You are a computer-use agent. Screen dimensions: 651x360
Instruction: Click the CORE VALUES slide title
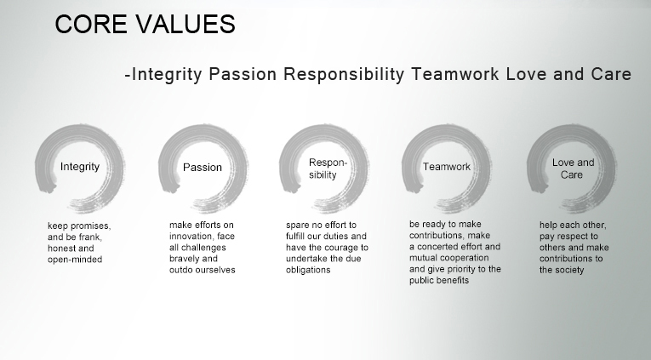[145, 24]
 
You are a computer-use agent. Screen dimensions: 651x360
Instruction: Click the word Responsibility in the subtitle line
[344, 75]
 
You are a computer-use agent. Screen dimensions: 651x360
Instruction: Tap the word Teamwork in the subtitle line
[455, 74]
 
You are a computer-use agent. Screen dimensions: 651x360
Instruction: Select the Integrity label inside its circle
[80, 167]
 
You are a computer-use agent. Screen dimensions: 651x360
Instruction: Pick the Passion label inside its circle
[203, 168]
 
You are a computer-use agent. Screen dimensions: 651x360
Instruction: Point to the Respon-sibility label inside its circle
[328, 169]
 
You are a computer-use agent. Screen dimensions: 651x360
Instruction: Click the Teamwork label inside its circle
[447, 167]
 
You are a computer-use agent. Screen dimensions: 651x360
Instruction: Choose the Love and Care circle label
[573, 169]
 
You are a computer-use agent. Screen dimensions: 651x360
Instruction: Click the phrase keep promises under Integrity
[79, 226]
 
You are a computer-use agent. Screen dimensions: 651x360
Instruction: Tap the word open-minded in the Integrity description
[75, 260]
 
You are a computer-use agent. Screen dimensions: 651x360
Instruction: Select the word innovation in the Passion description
[191, 237]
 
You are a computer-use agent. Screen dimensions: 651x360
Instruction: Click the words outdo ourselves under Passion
[203, 270]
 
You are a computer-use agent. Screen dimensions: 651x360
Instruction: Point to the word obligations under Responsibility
[308, 271]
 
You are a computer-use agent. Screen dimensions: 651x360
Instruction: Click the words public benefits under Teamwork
[439, 280]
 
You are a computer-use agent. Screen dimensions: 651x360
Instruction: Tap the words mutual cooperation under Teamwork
[443, 258]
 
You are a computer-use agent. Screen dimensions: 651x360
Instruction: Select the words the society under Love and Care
[562, 271]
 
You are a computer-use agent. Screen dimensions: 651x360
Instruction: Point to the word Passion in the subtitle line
[243, 74]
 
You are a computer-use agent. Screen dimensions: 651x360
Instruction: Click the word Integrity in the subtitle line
[166, 75]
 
